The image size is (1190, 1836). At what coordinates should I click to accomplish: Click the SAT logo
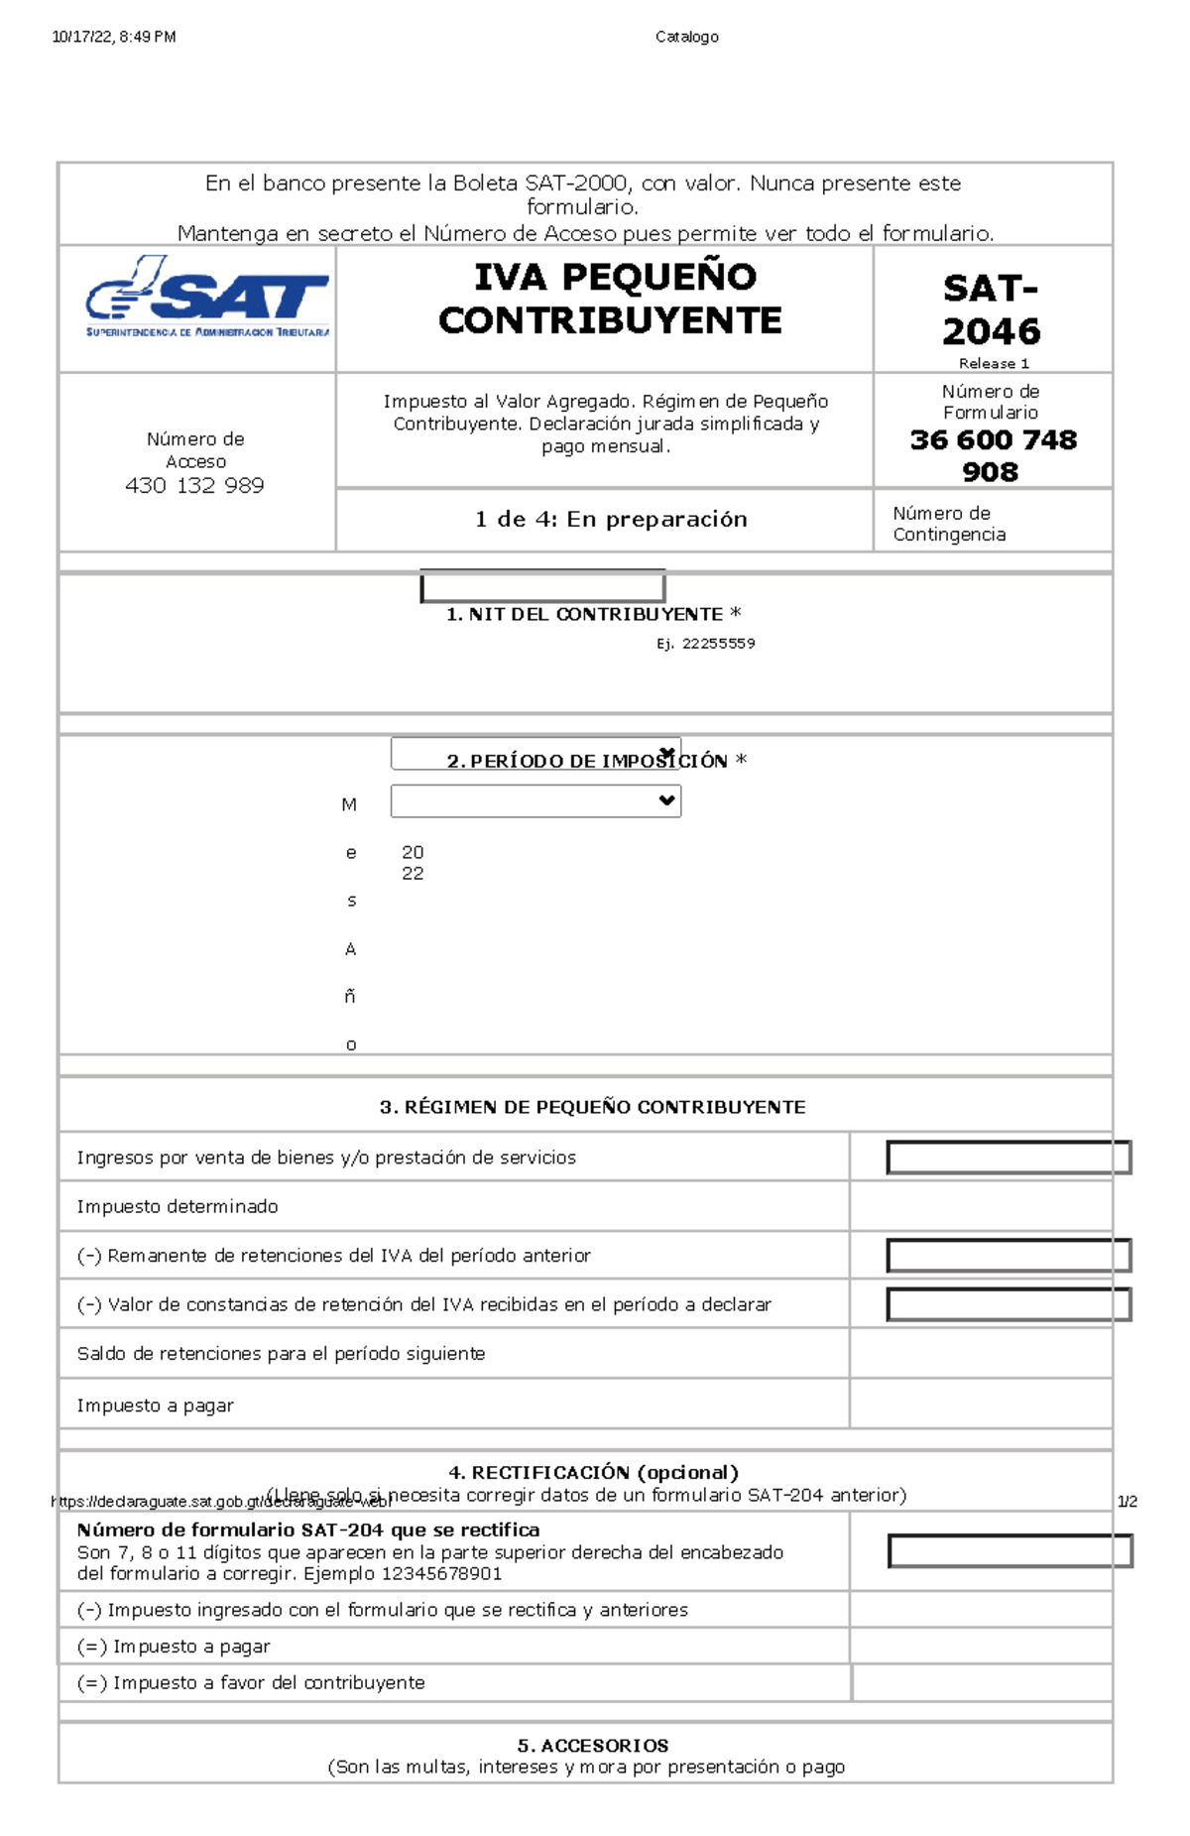coord(207,298)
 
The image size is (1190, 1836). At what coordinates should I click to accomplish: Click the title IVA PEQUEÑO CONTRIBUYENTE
coord(611,299)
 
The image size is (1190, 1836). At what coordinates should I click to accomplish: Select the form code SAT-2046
coord(991,309)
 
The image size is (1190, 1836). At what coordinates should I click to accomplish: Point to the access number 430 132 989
coord(194,485)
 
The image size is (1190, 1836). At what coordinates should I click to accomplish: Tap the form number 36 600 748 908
coord(993,455)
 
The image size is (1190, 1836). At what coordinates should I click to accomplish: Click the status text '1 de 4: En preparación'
coord(611,519)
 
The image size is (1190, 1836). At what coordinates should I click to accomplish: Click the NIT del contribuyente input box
coord(542,586)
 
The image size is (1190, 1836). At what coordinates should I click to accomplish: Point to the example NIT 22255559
coord(718,644)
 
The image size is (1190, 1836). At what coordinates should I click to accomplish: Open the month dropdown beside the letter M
coord(535,800)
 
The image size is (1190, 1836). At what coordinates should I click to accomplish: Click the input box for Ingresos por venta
coord(1009,1158)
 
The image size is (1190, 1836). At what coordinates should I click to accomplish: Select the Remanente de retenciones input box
coord(1009,1256)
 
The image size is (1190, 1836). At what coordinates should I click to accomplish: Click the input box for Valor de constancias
coord(1009,1304)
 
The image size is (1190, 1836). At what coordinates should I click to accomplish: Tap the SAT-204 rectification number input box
coord(1010,1551)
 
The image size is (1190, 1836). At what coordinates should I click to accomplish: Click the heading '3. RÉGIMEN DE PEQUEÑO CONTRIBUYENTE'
coord(592,1107)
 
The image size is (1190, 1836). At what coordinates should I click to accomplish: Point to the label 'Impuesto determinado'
coord(178,1206)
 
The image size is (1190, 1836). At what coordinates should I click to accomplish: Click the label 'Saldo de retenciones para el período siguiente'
coord(281,1354)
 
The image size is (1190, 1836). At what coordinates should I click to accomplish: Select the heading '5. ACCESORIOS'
coord(592,1745)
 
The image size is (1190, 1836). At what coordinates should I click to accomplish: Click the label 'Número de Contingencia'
coord(949,524)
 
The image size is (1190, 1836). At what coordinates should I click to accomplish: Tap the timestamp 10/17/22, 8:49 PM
coord(114,37)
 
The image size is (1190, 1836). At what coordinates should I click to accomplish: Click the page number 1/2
coord(1127,1501)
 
